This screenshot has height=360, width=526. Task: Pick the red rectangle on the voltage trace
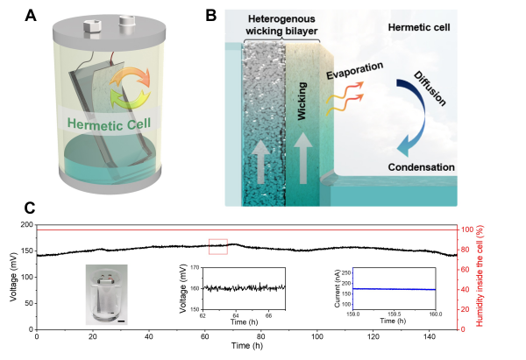(x=217, y=246)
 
